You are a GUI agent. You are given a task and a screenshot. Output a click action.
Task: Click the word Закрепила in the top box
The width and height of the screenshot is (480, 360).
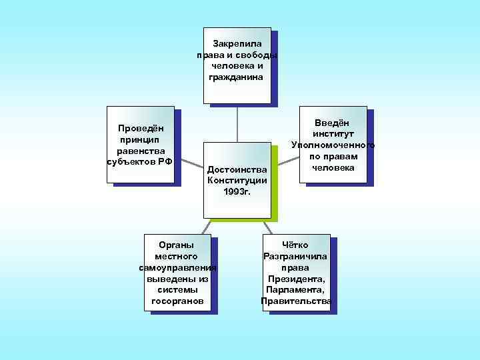237,43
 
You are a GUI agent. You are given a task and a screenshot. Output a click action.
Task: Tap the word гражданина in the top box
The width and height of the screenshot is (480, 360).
237,77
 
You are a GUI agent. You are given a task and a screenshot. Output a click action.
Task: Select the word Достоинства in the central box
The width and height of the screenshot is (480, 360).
237,169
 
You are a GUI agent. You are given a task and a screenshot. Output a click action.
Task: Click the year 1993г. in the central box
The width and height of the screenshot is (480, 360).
237,192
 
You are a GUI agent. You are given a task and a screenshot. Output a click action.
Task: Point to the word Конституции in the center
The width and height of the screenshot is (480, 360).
237,181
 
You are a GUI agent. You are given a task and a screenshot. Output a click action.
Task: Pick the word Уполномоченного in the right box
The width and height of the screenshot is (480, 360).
333,145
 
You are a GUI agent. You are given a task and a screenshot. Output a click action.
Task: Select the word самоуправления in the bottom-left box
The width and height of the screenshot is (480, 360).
178,267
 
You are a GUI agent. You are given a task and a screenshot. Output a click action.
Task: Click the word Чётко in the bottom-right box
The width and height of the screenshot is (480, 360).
295,245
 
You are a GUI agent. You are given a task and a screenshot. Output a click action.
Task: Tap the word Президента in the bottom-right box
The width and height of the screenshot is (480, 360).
295,279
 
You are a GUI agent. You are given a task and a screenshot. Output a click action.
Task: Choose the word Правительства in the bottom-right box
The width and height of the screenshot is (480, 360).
296,301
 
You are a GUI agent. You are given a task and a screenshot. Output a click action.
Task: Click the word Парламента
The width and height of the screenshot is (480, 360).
295,290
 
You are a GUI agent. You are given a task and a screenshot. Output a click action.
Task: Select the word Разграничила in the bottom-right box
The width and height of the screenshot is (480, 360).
295,256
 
